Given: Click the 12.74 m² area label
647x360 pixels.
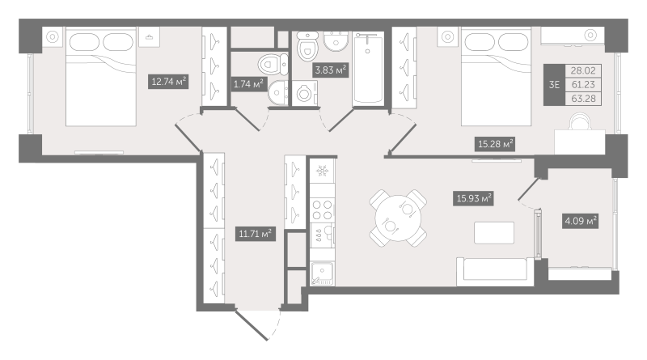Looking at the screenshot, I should (x=168, y=80).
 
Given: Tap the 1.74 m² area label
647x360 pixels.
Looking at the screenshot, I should (x=247, y=84).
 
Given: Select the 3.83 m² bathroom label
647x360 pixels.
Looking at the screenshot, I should (x=330, y=70).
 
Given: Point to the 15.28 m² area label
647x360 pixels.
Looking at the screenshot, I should (x=494, y=144).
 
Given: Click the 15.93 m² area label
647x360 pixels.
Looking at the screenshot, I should (x=472, y=197).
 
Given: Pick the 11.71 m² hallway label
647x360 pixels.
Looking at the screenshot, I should (x=254, y=235).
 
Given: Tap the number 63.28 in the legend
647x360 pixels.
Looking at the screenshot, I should (x=578, y=99).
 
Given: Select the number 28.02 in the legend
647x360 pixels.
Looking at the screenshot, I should (x=578, y=70).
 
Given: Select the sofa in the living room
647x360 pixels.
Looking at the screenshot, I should (x=493, y=269).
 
